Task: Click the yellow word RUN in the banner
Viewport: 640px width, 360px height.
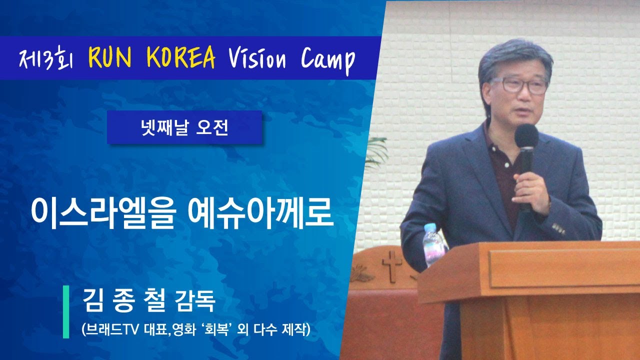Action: tap(110, 57)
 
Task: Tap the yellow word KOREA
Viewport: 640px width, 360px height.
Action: tap(180, 57)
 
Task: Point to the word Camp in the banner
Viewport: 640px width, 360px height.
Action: tap(328, 60)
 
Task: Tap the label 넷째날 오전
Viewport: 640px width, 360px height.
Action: tap(185, 127)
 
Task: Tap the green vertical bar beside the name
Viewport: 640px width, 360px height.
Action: tap(66, 311)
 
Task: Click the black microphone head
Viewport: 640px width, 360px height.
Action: tap(526, 136)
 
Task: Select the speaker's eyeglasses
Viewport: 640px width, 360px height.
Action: tap(517, 85)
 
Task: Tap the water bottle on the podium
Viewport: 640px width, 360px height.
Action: tap(433, 245)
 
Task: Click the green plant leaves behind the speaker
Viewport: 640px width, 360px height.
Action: tap(377, 151)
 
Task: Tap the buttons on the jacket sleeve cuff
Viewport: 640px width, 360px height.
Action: tap(559, 228)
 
